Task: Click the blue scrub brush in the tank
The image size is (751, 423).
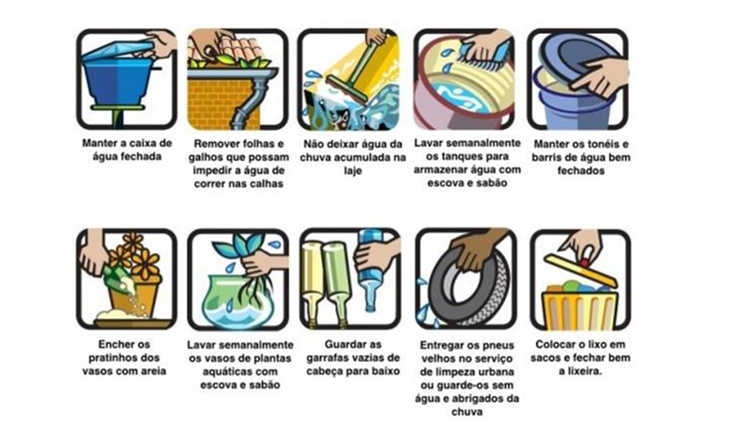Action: [484, 57]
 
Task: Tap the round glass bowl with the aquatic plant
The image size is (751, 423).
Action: [238, 302]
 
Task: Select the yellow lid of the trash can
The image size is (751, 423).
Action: [580, 272]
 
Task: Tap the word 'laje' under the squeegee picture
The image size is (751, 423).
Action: [352, 170]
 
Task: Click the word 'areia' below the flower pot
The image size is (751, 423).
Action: [151, 370]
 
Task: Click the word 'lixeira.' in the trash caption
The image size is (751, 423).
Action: [580, 370]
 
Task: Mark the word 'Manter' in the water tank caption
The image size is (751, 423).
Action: [99, 143]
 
